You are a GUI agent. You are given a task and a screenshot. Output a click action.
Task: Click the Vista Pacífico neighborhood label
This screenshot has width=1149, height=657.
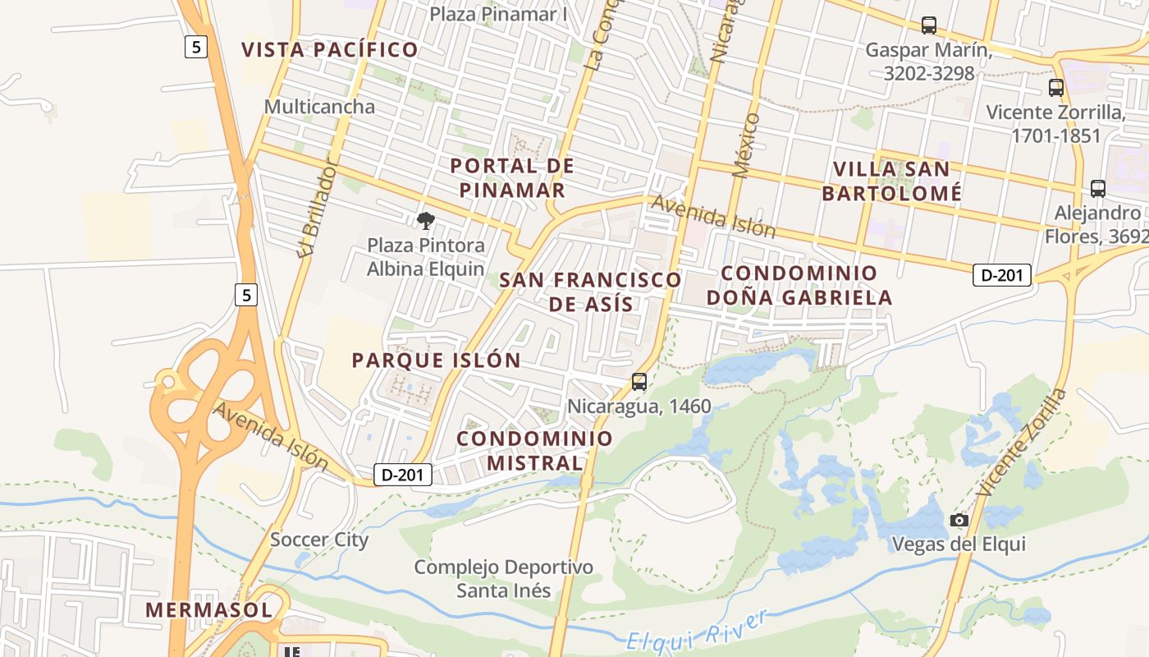(330, 49)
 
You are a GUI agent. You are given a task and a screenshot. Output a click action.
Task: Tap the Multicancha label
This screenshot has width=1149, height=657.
(319, 107)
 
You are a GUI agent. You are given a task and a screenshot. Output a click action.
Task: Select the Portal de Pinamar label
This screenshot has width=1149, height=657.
(512, 178)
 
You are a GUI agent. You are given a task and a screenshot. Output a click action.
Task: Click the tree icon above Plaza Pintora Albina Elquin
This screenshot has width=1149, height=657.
(425, 220)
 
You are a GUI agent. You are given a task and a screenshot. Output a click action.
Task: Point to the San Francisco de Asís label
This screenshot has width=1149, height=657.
(591, 292)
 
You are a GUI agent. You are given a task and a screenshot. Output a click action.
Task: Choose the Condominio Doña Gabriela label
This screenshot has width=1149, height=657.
(799, 285)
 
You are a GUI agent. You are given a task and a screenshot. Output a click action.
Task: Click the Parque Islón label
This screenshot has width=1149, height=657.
(436, 361)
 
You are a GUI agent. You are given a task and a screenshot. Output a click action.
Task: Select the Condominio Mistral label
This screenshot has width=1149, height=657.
(535, 450)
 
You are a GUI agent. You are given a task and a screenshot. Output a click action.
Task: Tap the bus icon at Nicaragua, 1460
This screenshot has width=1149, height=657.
(639, 382)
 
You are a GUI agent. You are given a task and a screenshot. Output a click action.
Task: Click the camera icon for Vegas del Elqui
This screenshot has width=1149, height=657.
(959, 520)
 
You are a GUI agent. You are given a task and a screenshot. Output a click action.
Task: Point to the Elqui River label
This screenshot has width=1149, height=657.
(697, 631)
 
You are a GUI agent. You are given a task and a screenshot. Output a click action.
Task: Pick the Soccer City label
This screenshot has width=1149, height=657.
(319, 540)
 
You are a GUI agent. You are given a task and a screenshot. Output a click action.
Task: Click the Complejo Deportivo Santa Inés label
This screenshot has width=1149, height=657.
(504, 578)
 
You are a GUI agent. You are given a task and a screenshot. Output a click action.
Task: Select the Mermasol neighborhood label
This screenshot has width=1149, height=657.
(208, 610)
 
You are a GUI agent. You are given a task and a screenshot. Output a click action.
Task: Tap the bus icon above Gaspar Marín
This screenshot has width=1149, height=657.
(929, 25)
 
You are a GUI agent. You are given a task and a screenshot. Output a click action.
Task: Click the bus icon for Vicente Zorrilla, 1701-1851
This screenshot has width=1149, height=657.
(1056, 87)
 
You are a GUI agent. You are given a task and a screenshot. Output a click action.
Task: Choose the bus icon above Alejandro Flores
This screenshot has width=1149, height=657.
(1098, 189)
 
